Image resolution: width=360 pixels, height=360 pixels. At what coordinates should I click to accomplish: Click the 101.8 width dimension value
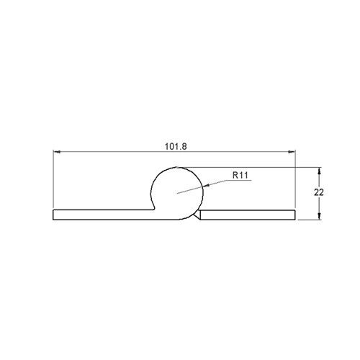click(x=174, y=145)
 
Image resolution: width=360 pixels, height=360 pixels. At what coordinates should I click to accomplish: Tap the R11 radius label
click(x=240, y=174)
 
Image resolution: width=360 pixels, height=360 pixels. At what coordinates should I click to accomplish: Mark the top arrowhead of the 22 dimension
click(x=319, y=171)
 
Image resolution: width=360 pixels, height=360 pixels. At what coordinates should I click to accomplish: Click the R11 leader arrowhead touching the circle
click(x=207, y=186)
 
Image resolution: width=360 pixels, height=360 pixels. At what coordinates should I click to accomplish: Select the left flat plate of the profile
click(x=101, y=214)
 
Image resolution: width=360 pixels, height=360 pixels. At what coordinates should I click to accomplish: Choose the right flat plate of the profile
click(x=248, y=214)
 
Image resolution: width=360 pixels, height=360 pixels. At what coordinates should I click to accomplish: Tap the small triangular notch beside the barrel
click(x=197, y=215)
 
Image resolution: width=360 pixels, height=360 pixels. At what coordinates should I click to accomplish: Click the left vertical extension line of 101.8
click(x=54, y=180)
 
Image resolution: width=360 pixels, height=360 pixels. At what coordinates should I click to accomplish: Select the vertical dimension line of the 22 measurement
click(x=319, y=193)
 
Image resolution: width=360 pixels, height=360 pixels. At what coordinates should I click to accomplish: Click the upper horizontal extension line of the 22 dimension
click(x=252, y=167)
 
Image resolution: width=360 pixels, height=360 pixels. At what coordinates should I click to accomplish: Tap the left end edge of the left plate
click(x=54, y=214)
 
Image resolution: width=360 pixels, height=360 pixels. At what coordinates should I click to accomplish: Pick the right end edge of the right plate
click(x=295, y=214)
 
